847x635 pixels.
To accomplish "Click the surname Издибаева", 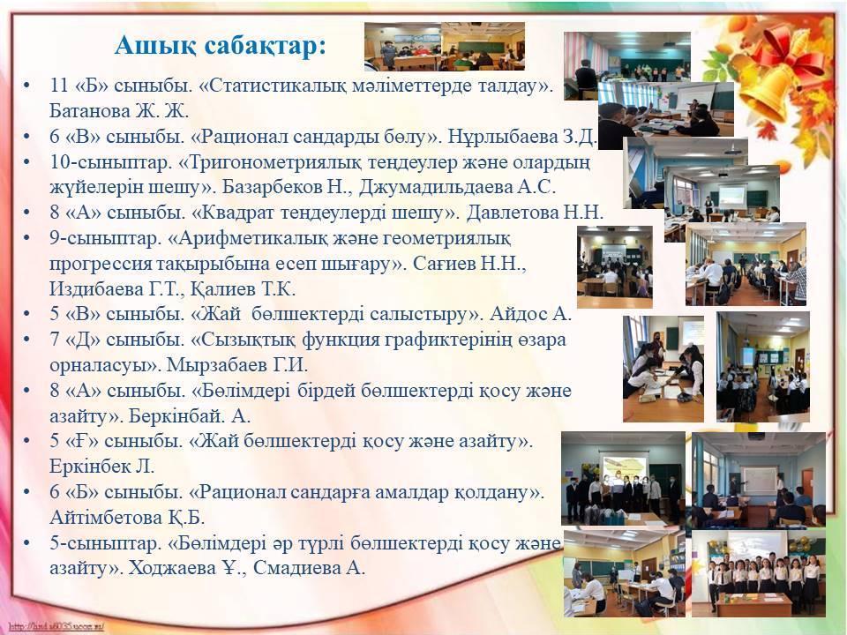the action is coord(95,289).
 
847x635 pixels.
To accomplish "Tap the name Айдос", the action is coord(519,314).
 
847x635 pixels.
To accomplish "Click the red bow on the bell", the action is coord(792,51).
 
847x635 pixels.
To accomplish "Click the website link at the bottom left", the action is coord(56,627).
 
